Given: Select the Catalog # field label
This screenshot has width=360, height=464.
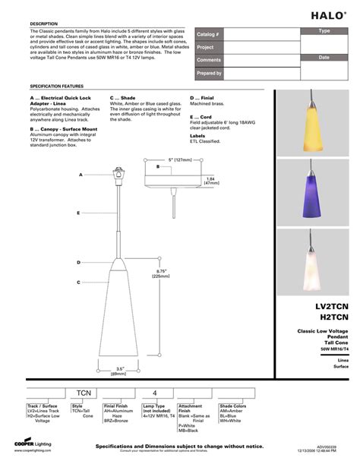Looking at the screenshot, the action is pyautogui.click(x=208, y=35).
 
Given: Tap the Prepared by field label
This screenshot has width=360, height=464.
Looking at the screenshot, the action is pyautogui.click(x=210, y=73).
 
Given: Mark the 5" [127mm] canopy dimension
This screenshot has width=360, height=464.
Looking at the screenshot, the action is pyautogui.click(x=180, y=159).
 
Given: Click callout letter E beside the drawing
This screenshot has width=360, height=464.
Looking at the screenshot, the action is pyautogui.click(x=78, y=214).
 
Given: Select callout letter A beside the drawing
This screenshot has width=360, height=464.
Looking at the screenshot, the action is pyautogui.click(x=80, y=175).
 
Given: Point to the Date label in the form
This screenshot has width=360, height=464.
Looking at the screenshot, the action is pyautogui.click(x=324, y=57).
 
